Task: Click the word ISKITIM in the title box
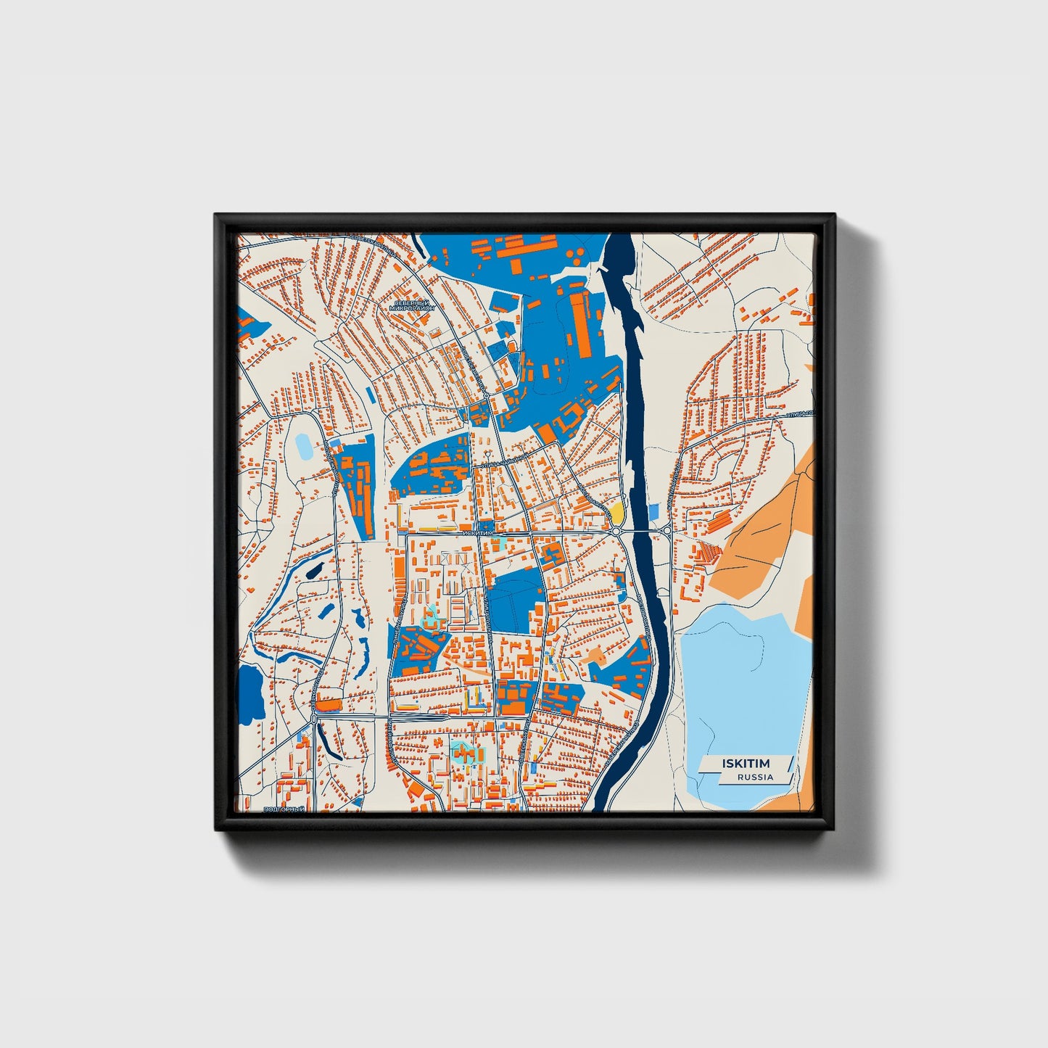[746, 764]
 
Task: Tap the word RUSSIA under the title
[755, 777]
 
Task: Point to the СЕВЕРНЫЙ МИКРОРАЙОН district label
[411, 305]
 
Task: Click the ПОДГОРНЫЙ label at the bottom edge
[284, 809]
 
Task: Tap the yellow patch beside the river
[616, 513]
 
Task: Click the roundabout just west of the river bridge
[616, 532]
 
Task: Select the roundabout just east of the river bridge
[667, 531]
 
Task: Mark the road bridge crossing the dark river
[641, 532]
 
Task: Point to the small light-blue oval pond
[302, 446]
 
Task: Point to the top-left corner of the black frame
[215, 215]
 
